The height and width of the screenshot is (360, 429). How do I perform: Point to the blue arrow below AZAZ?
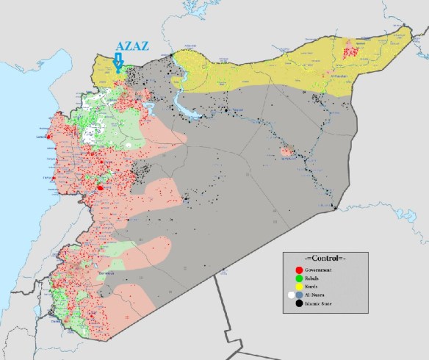click(x=118, y=61)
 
